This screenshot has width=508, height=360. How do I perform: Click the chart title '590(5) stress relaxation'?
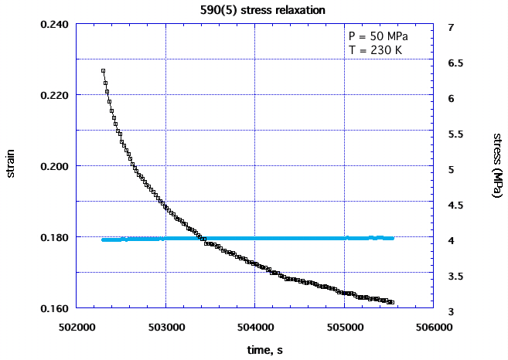[x=253, y=10]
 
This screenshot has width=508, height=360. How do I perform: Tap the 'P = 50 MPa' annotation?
[x=377, y=37]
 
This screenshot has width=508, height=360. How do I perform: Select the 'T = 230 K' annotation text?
[x=374, y=51]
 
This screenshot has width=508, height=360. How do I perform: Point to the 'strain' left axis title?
[x=11, y=165]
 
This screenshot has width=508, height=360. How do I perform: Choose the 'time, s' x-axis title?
[x=254, y=350]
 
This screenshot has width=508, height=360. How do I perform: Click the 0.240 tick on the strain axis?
[x=54, y=24]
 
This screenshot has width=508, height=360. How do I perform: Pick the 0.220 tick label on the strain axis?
[x=54, y=95]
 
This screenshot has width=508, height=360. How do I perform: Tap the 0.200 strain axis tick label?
[x=54, y=166]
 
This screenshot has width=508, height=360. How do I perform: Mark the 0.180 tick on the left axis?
[x=54, y=237]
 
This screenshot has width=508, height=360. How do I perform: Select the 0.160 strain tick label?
[x=54, y=308]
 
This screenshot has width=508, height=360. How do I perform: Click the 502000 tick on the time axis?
[x=76, y=327]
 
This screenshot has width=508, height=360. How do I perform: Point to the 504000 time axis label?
[x=254, y=327]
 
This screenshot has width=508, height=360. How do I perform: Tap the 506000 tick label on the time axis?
[x=433, y=327]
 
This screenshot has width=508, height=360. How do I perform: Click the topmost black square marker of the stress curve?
[x=103, y=70]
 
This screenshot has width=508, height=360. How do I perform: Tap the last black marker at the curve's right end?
[x=392, y=302]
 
